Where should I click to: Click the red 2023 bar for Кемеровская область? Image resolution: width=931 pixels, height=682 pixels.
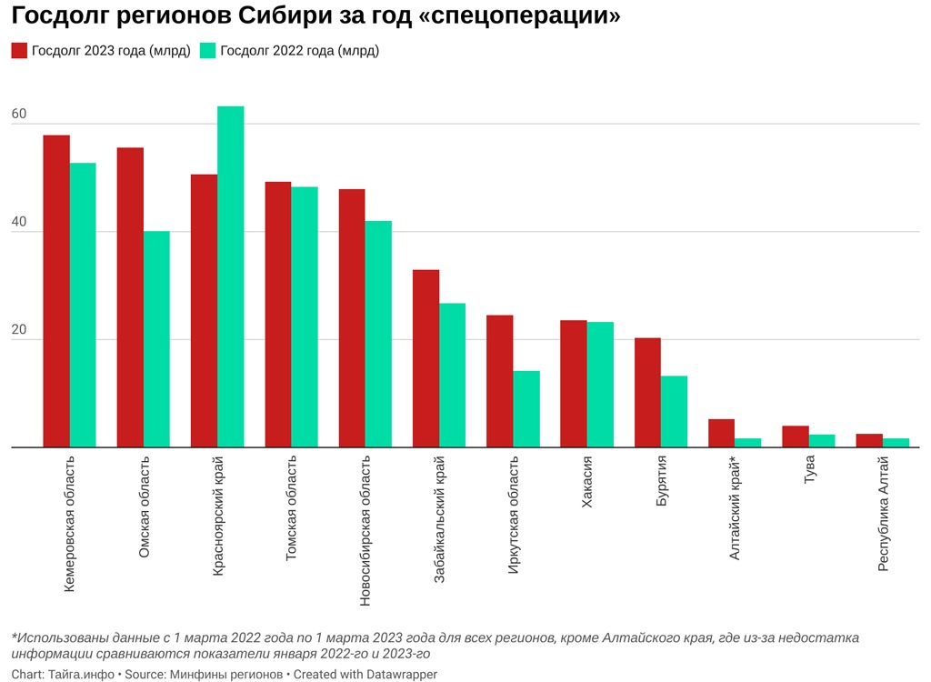(56, 291)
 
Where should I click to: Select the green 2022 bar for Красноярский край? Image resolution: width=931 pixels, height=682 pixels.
(230, 277)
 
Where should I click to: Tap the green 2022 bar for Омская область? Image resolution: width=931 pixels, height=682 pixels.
(156, 339)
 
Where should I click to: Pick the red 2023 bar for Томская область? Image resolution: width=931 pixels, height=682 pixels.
(278, 315)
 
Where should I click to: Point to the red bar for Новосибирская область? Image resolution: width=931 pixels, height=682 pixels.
(352, 318)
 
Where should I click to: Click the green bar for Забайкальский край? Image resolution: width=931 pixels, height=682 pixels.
(452, 375)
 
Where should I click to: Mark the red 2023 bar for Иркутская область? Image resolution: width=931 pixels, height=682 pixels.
(500, 381)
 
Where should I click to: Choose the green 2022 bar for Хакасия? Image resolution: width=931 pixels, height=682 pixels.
(600, 385)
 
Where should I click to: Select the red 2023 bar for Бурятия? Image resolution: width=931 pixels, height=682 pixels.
(647, 393)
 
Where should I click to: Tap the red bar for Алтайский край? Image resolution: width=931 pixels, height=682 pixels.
(721, 434)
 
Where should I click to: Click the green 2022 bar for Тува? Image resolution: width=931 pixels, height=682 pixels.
(822, 441)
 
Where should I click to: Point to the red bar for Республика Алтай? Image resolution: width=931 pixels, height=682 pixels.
(869, 441)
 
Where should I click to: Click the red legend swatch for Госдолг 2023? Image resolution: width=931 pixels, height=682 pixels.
(19, 51)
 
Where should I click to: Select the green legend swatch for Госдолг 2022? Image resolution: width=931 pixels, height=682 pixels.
(208, 51)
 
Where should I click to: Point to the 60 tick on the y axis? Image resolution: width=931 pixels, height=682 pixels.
(18, 115)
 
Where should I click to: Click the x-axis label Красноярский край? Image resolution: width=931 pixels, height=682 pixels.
(218, 515)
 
